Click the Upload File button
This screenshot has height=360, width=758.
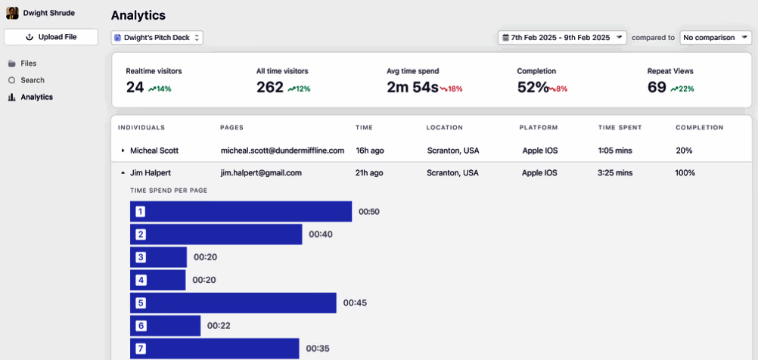[51, 37]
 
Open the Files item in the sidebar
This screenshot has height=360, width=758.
[28, 64]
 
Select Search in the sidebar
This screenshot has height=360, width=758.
[32, 80]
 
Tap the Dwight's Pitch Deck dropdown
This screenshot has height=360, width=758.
[157, 37]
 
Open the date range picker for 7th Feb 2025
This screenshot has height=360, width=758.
[561, 37]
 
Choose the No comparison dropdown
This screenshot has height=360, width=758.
[715, 37]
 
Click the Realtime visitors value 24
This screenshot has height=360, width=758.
[135, 88]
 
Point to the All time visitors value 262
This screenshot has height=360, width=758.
[269, 88]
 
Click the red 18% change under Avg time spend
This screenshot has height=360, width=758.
[452, 89]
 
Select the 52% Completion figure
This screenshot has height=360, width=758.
[533, 88]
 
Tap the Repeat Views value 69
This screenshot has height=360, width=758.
[657, 88]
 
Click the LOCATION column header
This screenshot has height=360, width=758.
[444, 128]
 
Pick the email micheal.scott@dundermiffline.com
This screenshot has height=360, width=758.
[282, 151]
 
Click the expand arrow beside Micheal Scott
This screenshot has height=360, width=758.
[123, 151]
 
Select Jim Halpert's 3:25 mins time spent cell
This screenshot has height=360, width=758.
[614, 172]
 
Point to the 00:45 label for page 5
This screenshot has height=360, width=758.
[355, 303]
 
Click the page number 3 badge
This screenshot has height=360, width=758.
[140, 257]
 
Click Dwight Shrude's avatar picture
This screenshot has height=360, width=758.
[12, 13]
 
